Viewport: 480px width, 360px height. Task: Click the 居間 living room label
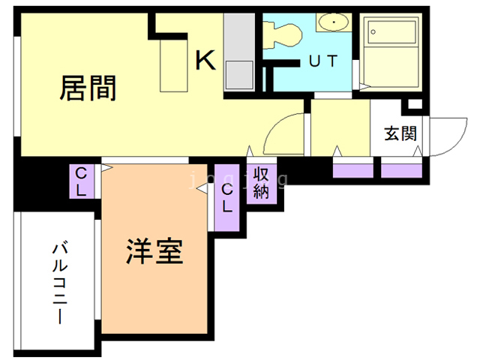(88, 88)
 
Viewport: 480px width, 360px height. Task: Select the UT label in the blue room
(323, 61)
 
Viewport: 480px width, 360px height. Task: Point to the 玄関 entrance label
(400, 134)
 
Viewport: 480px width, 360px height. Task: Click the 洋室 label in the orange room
(154, 250)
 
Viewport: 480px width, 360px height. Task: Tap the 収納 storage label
(261, 183)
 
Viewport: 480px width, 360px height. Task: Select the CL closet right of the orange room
(226, 197)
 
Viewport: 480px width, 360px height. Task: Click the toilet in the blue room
(284, 34)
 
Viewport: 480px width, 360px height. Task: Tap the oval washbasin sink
(332, 23)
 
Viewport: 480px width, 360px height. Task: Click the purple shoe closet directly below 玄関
(401, 169)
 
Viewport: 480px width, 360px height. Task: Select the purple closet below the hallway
(352, 169)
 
